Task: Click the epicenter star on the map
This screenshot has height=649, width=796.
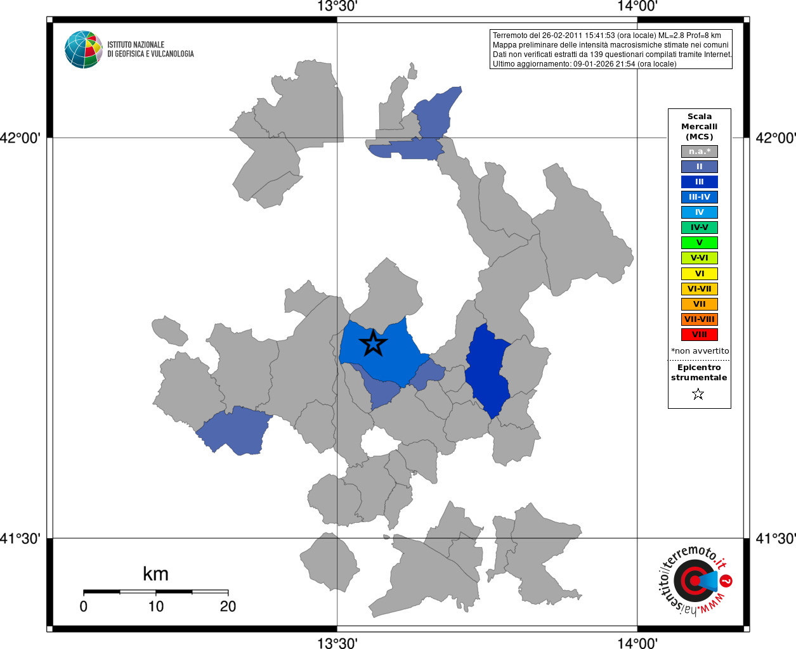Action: pos(373,344)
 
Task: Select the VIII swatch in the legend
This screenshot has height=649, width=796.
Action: pos(699,335)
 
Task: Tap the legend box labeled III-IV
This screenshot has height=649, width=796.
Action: pos(699,197)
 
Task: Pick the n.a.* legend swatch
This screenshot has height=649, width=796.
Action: pos(699,151)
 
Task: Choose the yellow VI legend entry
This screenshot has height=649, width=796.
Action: pos(699,274)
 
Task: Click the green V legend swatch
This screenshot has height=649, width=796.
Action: pos(699,243)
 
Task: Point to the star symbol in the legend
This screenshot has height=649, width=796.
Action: pos(698,394)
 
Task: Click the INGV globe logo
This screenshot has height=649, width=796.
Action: pos(83,49)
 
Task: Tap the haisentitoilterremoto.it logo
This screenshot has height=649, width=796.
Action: pos(695,580)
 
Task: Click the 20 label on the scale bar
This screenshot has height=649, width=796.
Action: pos(228,607)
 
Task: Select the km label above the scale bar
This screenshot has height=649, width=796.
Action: pos(155,574)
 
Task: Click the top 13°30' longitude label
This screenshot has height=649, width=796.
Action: pos(337,6)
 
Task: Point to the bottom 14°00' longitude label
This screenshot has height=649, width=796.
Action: pos(637,643)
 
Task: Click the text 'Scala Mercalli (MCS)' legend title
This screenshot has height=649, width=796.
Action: pos(699,126)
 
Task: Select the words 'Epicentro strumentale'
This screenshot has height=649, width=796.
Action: pos(699,372)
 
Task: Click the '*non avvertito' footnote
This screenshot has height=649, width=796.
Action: pos(700,351)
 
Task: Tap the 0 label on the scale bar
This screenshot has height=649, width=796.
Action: pos(84,607)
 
